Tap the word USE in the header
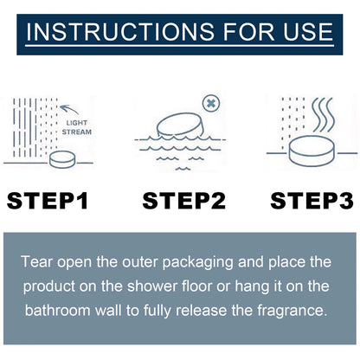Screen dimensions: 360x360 [308, 31]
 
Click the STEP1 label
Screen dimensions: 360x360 [48, 201]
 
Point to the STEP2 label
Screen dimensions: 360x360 [184, 201]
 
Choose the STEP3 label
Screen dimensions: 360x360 [312, 201]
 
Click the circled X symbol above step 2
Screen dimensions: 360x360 [211, 103]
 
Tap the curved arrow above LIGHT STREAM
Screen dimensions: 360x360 [69, 109]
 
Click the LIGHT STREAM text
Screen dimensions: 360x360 [77, 127]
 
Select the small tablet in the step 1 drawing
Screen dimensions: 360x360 [62, 159]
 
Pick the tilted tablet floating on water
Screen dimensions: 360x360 [180, 125]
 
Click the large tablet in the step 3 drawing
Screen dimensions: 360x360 [312, 151]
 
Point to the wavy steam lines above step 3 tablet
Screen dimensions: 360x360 [324, 115]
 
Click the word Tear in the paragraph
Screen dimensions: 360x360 [37, 262]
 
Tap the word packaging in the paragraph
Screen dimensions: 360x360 [197, 263]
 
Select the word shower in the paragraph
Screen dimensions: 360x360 [152, 286]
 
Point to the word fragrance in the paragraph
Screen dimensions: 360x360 [292, 312]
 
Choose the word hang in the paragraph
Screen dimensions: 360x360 [252, 287]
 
